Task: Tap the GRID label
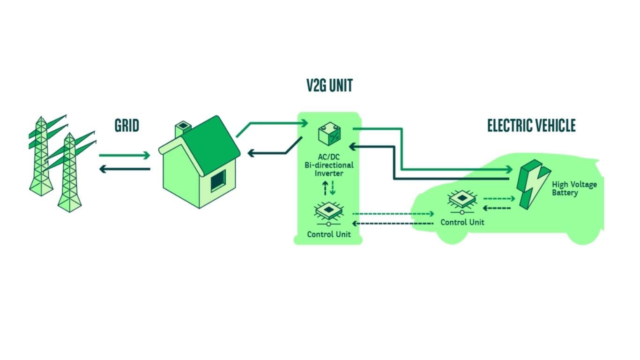coord(127,126)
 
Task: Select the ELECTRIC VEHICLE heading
coord(531,126)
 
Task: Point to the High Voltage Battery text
coord(574,188)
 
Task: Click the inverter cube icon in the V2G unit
coord(329,134)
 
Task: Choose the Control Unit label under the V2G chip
coord(328,234)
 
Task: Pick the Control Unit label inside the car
coord(462,222)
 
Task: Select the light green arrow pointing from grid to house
coord(124,155)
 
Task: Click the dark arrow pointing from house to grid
coord(124,169)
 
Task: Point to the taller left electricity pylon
coord(42,155)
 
